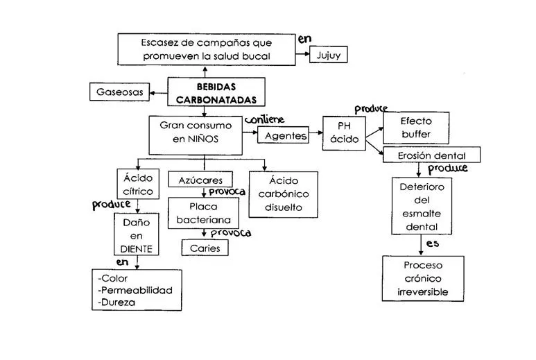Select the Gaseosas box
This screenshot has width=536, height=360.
click(119, 91)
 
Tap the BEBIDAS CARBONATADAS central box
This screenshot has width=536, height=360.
click(207, 94)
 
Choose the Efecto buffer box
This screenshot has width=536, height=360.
click(415, 128)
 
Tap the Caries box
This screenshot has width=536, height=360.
click(205, 248)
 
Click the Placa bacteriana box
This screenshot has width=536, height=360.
click(202, 213)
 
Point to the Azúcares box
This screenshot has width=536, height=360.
click(200, 180)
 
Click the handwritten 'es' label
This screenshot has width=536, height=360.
click(433, 244)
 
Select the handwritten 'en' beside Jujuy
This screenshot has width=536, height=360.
click(304, 40)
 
